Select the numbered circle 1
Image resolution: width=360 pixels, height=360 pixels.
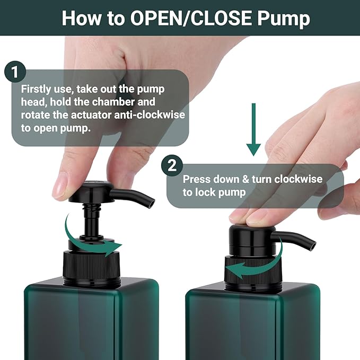[x=15, y=73]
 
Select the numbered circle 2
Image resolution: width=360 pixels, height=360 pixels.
[x=171, y=165]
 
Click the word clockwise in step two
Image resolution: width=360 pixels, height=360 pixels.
[x=296, y=179]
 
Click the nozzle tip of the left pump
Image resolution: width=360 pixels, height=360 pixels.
[x=151, y=202]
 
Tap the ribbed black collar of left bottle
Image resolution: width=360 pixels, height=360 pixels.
[x=92, y=268]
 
